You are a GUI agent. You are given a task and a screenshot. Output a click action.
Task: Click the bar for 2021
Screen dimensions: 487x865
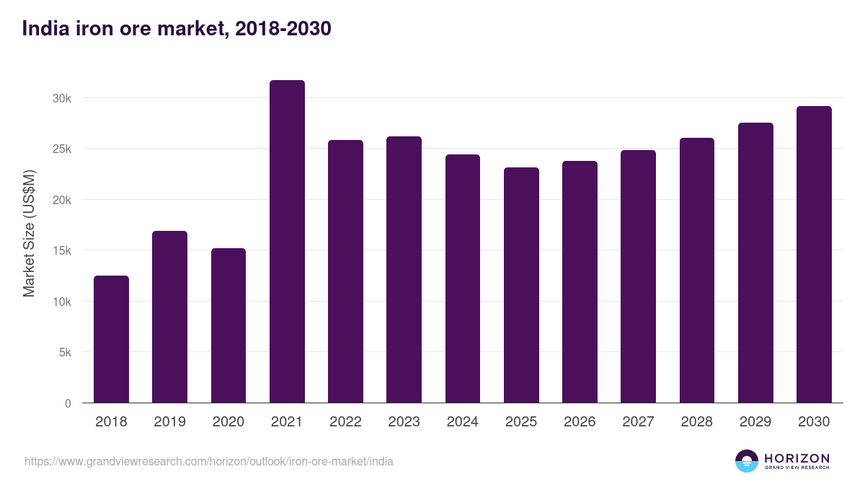click(x=287, y=242)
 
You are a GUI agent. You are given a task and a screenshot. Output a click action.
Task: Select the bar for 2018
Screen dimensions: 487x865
click(x=111, y=339)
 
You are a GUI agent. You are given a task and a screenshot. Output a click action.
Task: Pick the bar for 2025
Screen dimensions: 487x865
click(x=521, y=285)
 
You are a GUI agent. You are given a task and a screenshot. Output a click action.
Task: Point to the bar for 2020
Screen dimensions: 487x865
click(x=229, y=325)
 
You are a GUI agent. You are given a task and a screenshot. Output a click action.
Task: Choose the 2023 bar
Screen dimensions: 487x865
click(x=404, y=270)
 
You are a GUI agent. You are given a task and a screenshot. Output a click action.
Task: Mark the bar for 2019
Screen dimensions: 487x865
click(x=169, y=317)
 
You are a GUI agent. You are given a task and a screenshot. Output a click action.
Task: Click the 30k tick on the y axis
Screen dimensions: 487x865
click(x=62, y=98)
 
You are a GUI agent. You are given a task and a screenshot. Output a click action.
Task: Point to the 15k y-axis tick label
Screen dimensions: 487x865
click(x=62, y=251)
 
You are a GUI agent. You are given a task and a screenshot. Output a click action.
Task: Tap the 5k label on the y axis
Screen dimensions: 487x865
click(x=65, y=353)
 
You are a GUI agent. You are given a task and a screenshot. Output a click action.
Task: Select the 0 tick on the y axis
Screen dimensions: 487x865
click(x=68, y=404)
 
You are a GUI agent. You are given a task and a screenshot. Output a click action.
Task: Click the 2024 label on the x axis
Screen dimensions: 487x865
click(x=462, y=422)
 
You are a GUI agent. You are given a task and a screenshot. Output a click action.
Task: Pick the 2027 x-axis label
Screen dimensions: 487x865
click(x=638, y=422)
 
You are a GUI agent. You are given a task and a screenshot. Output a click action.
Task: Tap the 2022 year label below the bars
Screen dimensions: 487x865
click(x=345, y=422)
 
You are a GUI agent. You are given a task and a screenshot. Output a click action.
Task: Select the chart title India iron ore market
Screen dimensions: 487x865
click(x=177, y=29)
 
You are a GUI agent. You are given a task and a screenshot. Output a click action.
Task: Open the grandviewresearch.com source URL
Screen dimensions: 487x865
click(x=209, y=461)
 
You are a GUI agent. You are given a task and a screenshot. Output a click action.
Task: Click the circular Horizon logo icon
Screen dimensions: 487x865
click(x=747, y=461)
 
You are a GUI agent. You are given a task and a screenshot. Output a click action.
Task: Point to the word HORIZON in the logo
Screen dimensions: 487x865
click(x=797, y=457)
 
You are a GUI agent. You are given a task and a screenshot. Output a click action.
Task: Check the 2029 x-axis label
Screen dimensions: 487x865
click(x=755, y=422)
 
